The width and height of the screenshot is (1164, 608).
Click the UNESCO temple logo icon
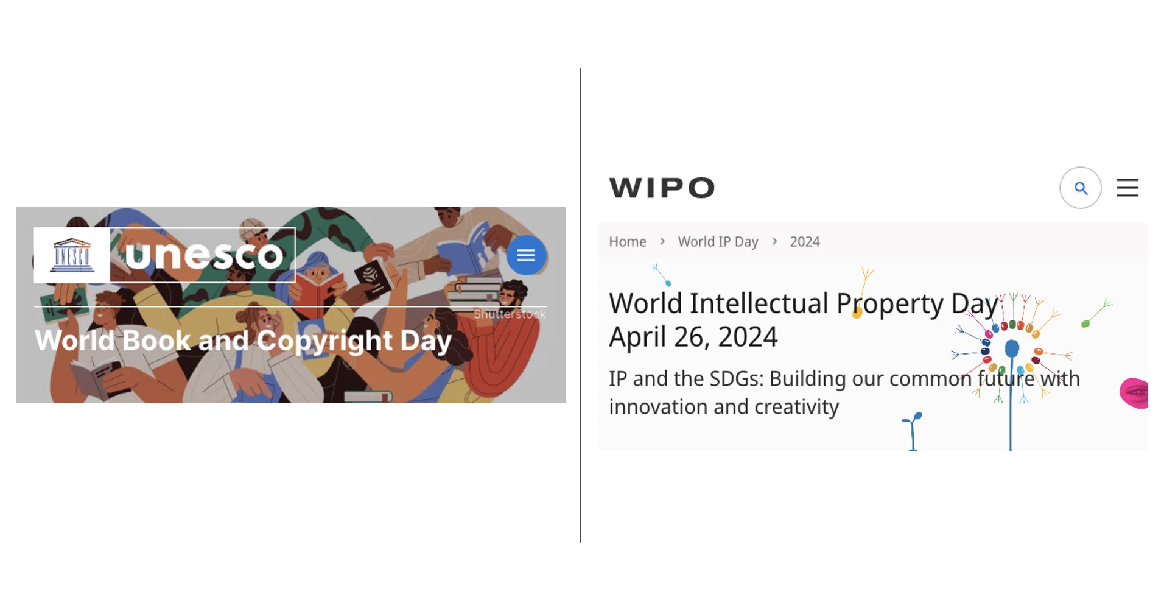tap(72, 255)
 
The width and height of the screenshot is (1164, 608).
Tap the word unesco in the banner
tap(205, 255)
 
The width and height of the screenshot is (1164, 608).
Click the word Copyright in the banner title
tap(324, 341)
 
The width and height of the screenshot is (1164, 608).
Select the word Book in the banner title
tap(156, 341)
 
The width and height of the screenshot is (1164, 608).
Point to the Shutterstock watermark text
tap(510, 314)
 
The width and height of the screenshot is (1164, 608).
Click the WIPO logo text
tap(662, 188)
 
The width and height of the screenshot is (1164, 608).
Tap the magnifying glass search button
tap(1081, 188)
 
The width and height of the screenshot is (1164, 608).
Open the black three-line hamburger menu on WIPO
tap(1127, 188)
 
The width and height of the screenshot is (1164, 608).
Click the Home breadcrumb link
tap(628, 242)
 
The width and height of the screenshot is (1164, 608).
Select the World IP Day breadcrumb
tap(718, 242)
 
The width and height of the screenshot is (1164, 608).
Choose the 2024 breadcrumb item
tap(805, 242)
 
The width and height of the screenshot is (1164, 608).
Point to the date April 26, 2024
tap(693, 337)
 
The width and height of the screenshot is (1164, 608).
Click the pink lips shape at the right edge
tap(1135, 393)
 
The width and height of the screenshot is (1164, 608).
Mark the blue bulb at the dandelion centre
tap(1012, 348)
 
